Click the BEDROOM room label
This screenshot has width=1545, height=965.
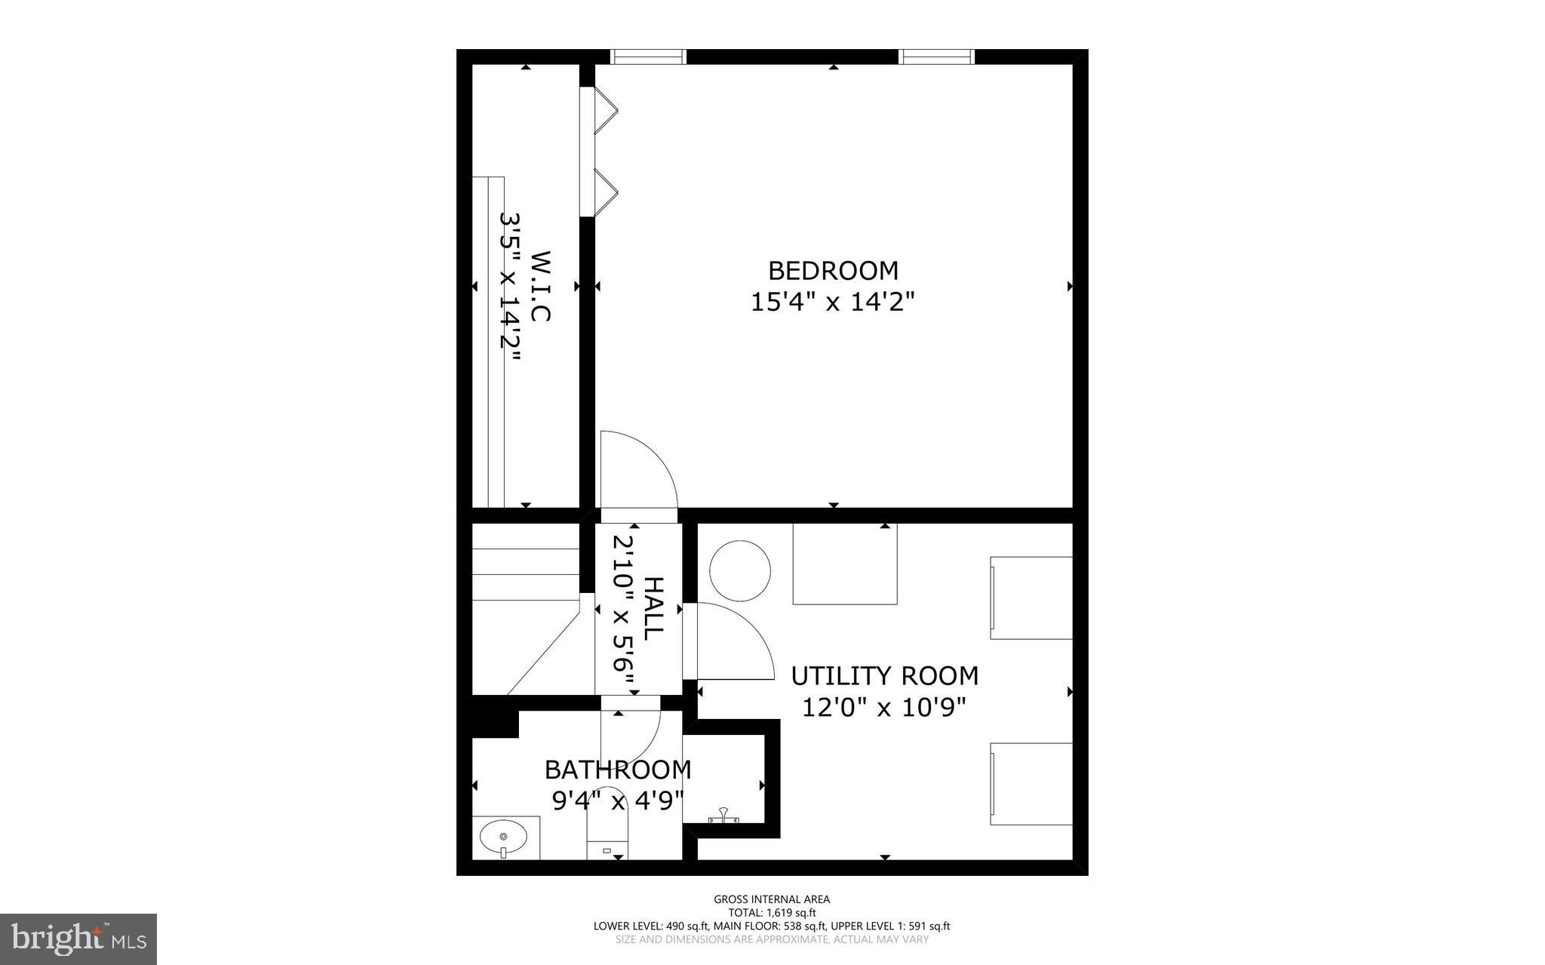pyautogui.click(x=833, y=270)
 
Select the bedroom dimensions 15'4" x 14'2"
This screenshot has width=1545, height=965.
pyautogui.click(x=833, y=303)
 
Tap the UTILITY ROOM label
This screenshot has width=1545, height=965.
pyautogui.click(x=884, y=676)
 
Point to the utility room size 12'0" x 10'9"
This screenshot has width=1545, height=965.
pyautogui.click(x=884, y=708)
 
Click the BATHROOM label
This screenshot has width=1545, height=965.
pyautogui.click(x=618, y=770)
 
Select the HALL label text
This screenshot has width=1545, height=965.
pyautogui.click(x=653, y=608)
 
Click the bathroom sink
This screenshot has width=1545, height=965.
pyautogui.click(x=503, y=837)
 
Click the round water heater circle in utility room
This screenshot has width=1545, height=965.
pyautogui.click(x=740, y=570)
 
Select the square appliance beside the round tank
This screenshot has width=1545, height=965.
pyautogui.click(x=845, y=564)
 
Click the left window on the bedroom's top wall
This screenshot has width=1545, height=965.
pyautogui.click(x=647, y=57)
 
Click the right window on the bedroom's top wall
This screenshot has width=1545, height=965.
pyautogui.click(x=936, y=57)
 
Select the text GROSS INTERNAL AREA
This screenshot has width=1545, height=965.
pyautogui.click(x=772, y=899)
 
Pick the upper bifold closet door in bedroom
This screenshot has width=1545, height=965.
pyautogui.click(x=605, y=112)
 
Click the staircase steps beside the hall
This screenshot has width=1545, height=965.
pyautogui.click(x=525, y=574)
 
